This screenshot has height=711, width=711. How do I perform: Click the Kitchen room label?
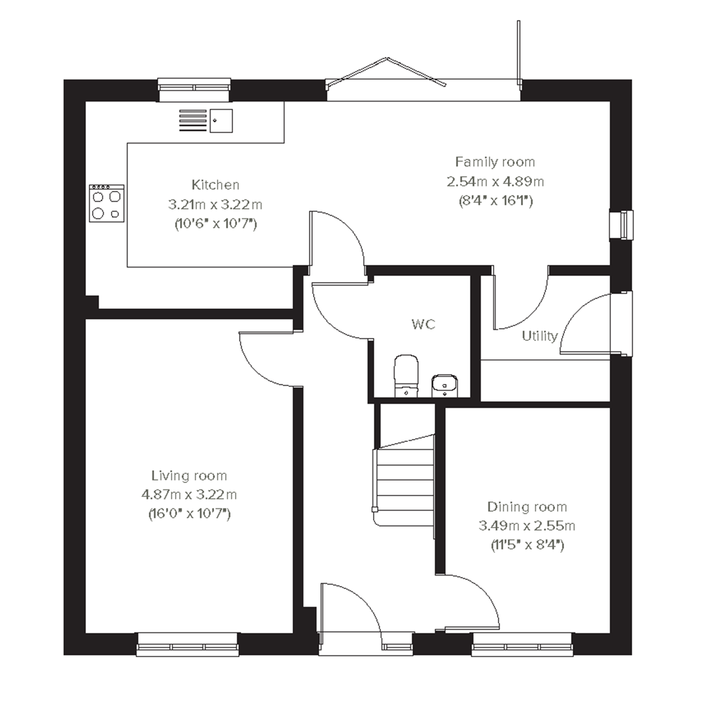pos(215,185)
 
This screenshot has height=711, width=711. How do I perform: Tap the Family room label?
pos(495,162)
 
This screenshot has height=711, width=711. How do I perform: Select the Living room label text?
pos(189,476)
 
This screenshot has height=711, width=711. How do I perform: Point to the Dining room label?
pos(527,507)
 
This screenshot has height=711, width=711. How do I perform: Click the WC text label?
pos(423,324)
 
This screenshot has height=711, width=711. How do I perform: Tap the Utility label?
pos(540,336)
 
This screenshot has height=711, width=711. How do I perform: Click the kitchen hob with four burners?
pos(107,204)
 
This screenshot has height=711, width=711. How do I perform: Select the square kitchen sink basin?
pos(221,121)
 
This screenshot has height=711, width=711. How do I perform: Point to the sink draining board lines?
pos(193,120)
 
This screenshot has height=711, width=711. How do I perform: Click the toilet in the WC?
pos(406,376)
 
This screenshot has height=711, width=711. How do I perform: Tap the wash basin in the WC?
pos(445,386)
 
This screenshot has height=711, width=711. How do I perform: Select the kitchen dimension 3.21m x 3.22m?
pos(215,205)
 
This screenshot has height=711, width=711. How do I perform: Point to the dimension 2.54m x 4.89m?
pos(495,182)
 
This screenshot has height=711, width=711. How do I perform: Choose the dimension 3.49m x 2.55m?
pos(527,526)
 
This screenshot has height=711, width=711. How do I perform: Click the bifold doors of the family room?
pos(423,79)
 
